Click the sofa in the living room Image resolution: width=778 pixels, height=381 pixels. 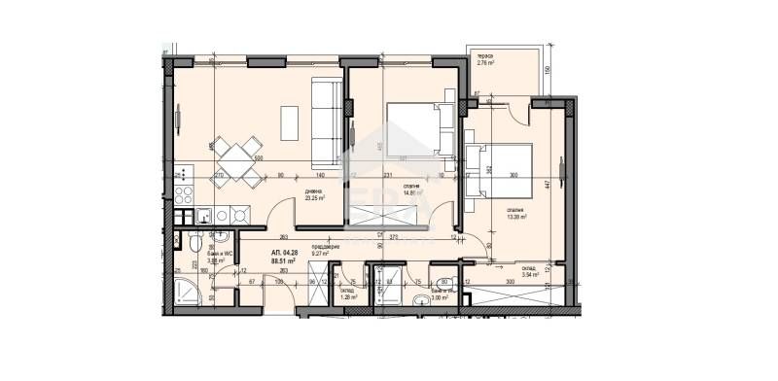point(327,121)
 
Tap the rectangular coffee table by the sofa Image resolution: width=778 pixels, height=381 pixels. point(291,121)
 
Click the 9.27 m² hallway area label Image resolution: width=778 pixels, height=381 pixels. point(325,255)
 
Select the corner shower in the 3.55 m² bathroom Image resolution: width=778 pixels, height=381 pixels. point(186,290)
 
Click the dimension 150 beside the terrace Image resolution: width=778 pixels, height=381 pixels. point(549,70)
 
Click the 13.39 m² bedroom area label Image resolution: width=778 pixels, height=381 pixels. point(515,218)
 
